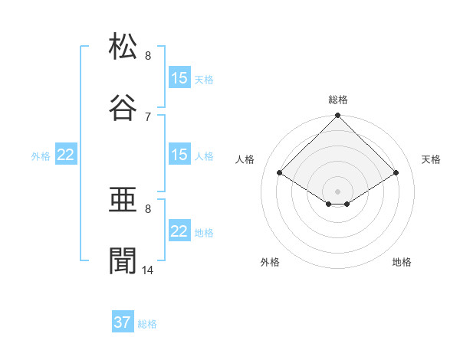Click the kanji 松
pyautogui.click(x=123, y=47)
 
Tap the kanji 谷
pyautogui.click(x=123, y=107)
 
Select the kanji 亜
pyautogui.click(x=123, y=201)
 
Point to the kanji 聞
pyautogui.click(x=123, y=260)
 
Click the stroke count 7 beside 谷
pyautogui.click(x=148, y=116)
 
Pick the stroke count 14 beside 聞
pyautogui.click(x=148, y=270)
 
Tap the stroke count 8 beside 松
pyautogui.click(x=148, y=56)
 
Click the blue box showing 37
pyautogui.click(x=123, y=322)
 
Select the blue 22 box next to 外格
pyautogui.click(x=66, y=155)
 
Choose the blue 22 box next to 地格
pyautogui.click(x=179, y=231)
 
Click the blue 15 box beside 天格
pyautogui.click(x=179, y=78)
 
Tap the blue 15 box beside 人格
pyautogui.click(x=179, y=155)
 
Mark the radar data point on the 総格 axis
pyautogui.click(x=337, y=116)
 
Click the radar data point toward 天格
pyautogui.click(x=396, y=173)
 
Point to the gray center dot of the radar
pyautogui.click(x=337, y=191)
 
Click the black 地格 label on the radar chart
pyautogui.click(x=402, y=263)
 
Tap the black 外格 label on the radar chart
pyautogui.click(x=270, y=263)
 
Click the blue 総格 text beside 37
pyautogui.click(x=147, y=324)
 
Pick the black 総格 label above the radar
pyautogui.click(x=338, y=100)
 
